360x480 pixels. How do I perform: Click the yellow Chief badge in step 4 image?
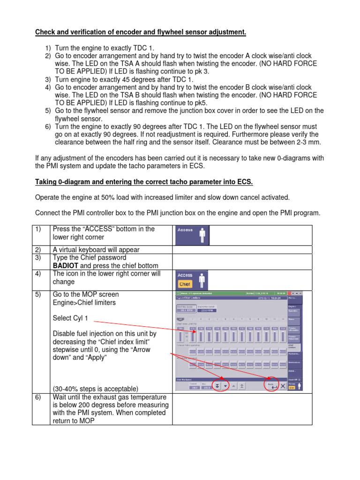185,284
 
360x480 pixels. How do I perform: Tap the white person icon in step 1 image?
202,236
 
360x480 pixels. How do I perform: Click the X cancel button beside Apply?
283,385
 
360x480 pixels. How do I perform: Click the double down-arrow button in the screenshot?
217,385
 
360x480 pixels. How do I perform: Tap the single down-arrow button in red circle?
225,385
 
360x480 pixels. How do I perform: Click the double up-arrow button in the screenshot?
242,385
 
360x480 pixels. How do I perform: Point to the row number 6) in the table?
37,397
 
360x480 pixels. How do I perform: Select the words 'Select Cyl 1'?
70,318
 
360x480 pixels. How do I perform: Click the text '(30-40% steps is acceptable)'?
96,389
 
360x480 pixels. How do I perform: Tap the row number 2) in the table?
37,249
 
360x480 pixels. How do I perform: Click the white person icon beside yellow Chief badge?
202,280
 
